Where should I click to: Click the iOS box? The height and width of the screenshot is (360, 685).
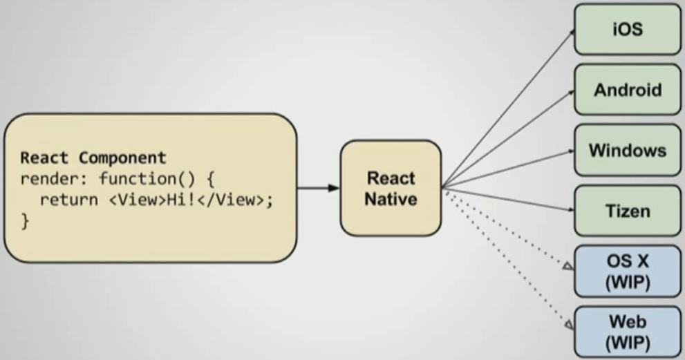627,30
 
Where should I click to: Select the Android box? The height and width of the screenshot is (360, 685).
627,90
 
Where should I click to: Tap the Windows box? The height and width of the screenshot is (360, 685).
627,150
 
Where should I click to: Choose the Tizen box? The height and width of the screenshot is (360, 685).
627,210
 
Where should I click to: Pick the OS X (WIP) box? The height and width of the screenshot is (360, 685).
627,271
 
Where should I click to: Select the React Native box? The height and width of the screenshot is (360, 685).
391,188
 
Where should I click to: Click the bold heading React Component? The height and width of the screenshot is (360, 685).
93,158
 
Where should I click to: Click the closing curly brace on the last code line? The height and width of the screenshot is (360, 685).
25,222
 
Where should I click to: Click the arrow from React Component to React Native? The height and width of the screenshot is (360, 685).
318,188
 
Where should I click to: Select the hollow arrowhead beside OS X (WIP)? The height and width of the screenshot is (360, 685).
568,265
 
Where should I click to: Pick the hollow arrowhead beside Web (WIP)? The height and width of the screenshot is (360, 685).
568,324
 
